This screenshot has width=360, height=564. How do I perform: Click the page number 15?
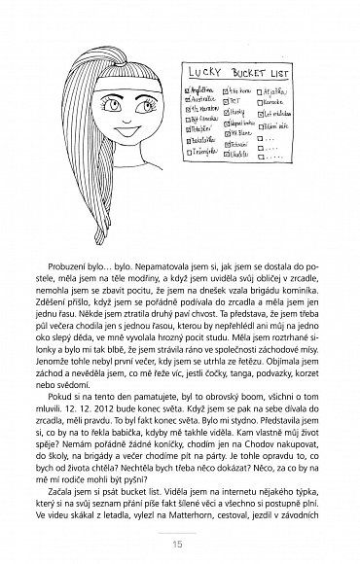[180, 542]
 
